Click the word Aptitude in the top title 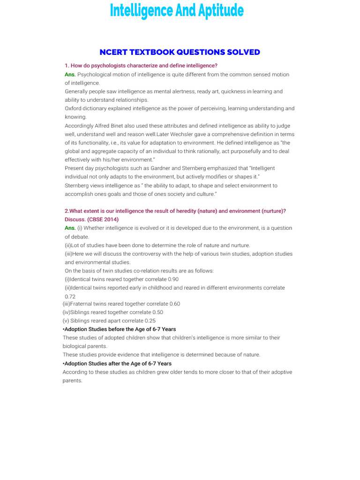[x=217, y=10]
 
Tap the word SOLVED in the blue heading [x=242, y=52]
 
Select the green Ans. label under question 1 [x=70, y=75]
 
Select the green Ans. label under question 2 [x=70, y=228]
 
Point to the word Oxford [x=74, y=108]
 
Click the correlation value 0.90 [x=173, y=279]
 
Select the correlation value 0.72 [x=70, y=297]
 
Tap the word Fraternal [x=83, y=304]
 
